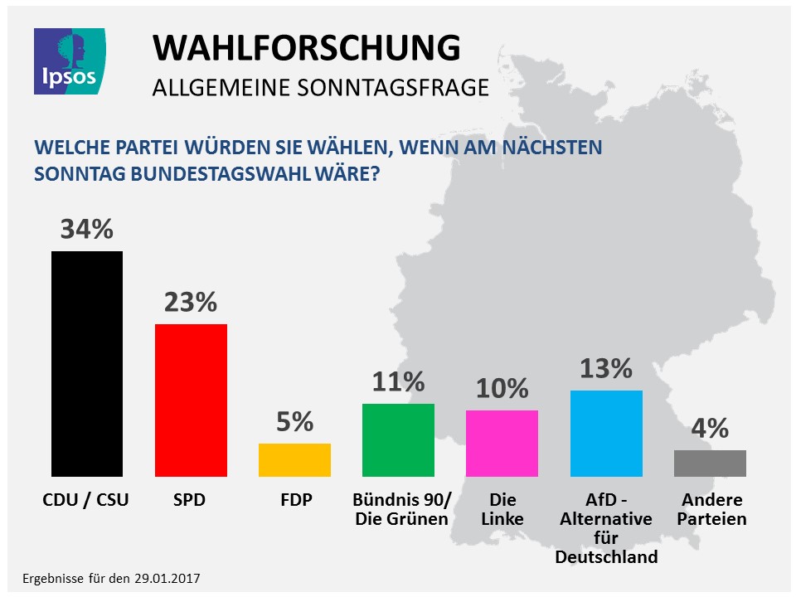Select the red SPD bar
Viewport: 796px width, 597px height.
191,400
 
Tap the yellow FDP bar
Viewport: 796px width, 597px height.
294,459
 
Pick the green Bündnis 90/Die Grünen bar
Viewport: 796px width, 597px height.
398,439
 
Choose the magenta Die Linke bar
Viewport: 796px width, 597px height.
502,443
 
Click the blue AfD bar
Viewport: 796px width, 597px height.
606,433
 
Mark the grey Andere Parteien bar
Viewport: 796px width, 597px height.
710,463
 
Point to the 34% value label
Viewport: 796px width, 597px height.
86,229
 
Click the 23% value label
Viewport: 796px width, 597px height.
190,302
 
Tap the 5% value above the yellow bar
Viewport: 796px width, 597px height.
294,422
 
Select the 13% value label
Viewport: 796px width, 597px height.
606,368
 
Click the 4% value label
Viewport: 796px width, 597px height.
710,428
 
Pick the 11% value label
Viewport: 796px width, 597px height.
398,382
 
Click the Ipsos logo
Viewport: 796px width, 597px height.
69,60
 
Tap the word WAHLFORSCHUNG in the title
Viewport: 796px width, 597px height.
306,49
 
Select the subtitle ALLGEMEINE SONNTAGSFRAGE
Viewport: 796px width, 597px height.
320,87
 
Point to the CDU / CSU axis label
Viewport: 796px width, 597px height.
86,500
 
